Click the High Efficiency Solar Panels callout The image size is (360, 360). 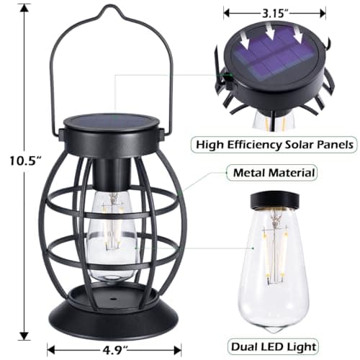click(x=275, y=143)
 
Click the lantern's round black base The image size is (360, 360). click(x=114, y=314)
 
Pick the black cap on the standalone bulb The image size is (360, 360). click(x=276, y=201)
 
